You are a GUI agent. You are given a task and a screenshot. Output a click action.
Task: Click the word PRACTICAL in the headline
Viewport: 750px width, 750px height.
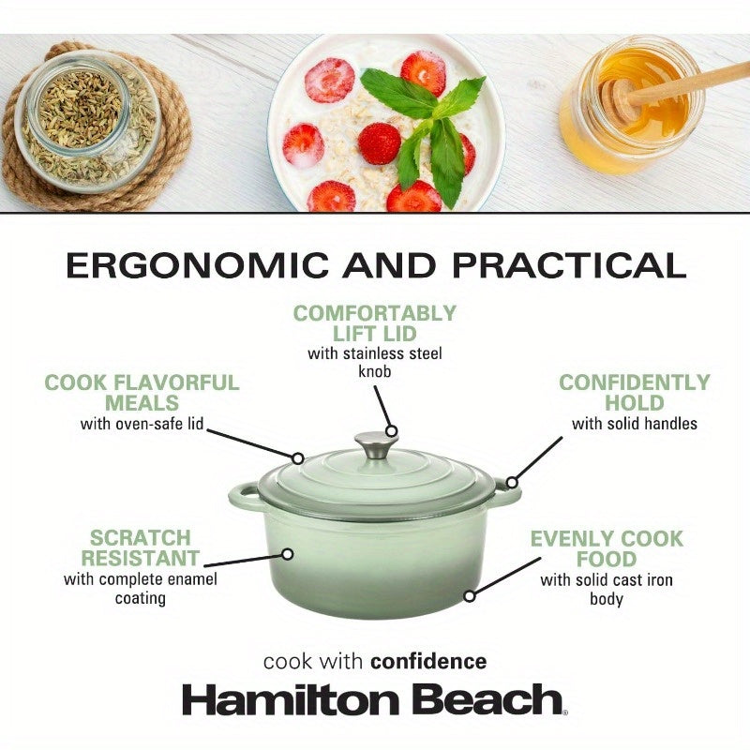click(570, 265)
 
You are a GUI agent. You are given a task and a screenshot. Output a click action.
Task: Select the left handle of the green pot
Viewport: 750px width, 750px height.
click(243, 494)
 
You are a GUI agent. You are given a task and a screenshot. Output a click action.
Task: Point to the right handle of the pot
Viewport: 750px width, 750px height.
click(507, 491)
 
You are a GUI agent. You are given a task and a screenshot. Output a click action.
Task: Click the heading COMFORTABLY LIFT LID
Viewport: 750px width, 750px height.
click(374, 323)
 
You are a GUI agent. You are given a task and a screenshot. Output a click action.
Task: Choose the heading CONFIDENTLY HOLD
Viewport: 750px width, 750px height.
click(635, 393)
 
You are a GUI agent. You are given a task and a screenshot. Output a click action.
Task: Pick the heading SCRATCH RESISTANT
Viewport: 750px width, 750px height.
click(141, 548)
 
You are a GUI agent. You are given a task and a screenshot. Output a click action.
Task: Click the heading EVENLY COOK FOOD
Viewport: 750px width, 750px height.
click(607, 549)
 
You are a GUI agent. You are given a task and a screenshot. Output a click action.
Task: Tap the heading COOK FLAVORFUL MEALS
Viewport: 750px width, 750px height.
click(142, 393)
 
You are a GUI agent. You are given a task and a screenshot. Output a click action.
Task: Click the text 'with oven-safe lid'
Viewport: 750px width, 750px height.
click(141, 424)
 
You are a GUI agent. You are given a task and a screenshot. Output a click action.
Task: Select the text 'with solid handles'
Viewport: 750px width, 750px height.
click(635, 424)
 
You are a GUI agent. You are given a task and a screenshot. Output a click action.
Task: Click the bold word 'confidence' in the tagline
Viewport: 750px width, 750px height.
click(428, 662)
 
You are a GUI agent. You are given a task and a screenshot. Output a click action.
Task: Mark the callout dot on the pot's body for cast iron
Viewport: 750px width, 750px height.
click(469, 595)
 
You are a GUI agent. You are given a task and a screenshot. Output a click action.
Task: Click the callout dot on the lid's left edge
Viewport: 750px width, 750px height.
click(298, 458)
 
